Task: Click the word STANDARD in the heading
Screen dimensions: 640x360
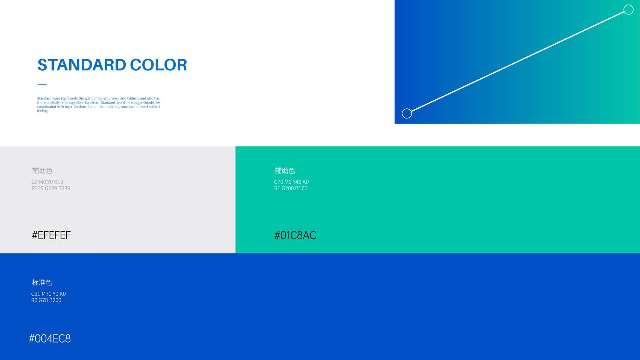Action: coord(82,65)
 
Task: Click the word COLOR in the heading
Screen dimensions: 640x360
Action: coord(158,65)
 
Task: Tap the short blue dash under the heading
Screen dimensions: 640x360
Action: coord(42,84)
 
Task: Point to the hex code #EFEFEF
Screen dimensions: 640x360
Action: coord(51,235)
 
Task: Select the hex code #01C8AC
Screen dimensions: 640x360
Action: coord(295,235)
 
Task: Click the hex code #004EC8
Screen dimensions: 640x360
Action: coord(50,339)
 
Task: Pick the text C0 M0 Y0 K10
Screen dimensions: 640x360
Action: coord(47,182)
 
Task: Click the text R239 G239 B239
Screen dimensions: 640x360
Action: coord(51,188)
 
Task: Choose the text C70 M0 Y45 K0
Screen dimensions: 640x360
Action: coord(291,182)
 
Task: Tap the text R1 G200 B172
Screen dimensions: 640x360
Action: coord(291,188)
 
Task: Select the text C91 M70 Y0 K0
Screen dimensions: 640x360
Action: coord(49,294)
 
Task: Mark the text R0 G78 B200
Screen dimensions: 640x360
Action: coord(46,300)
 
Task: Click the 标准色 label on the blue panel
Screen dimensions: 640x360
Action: coord(42,282)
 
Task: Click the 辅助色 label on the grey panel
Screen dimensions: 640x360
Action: coord(42,171)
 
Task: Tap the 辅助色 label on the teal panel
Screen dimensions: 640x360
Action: coord(285,171)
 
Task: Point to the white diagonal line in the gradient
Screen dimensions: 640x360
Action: coord(518,62)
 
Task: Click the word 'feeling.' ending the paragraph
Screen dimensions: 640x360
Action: coord(43,111)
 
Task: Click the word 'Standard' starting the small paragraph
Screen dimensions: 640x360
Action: coord(44,98)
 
